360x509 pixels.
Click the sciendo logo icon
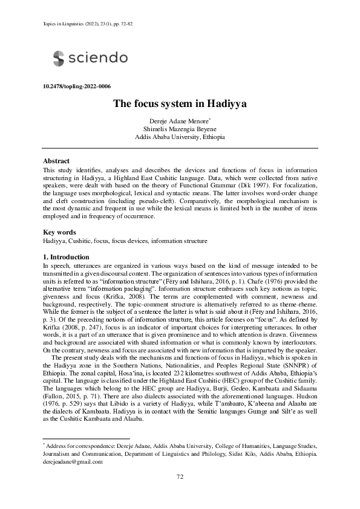[58, 58]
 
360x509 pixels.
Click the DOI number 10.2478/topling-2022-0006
[77, 86]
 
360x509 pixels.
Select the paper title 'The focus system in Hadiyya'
[180, 103]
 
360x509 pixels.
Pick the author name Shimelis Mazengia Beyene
[180, 129]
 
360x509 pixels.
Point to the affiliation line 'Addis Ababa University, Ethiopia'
[180, 137]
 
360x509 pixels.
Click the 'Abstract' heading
[56, 161]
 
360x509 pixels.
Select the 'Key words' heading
[59, 232]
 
